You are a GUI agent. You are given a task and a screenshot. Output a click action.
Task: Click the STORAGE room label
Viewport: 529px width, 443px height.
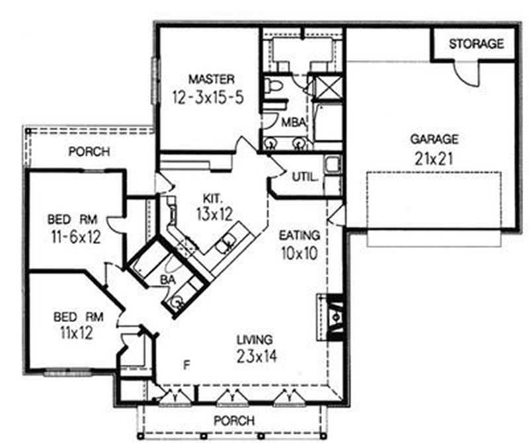point(476,44)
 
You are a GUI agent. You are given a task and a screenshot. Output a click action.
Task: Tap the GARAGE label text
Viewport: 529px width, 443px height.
point(434,140)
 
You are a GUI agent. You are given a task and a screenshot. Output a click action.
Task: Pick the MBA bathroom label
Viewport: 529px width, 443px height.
point(292,122)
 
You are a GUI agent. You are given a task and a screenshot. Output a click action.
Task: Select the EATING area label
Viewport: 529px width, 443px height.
point(300,235)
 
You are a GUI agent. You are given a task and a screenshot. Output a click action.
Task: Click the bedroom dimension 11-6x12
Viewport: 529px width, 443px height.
point(74,237)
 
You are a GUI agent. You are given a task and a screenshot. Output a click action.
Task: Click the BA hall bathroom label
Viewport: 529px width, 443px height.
point(167,280)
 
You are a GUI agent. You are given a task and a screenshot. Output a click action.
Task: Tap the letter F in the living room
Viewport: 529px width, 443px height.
point(188,363)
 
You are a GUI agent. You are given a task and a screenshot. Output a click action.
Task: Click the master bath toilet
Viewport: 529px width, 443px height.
point(272,85)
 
